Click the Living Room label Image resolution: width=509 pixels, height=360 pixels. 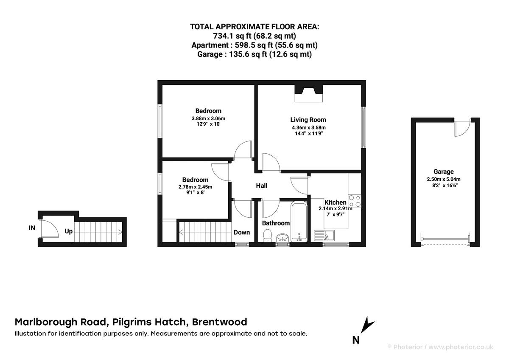308,120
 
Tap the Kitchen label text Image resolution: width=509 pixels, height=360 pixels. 335,202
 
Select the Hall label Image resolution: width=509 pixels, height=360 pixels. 261,186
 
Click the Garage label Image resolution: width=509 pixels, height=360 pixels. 443,172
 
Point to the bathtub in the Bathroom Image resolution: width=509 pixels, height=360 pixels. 299,222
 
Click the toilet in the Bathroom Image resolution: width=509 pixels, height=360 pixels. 267,235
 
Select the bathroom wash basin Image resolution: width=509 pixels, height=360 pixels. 282,237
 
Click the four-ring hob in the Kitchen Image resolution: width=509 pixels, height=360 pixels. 355,201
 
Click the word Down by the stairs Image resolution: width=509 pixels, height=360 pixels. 242,232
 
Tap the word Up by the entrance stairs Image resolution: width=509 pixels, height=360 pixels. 68,231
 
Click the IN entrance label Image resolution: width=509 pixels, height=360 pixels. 32,228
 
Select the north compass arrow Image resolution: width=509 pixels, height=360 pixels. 367,325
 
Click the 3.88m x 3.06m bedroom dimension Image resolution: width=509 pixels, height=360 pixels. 208,118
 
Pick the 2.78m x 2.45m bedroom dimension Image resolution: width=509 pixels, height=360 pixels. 195,187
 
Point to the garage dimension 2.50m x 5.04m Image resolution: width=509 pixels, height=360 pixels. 443,179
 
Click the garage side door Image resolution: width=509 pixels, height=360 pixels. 461,128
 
